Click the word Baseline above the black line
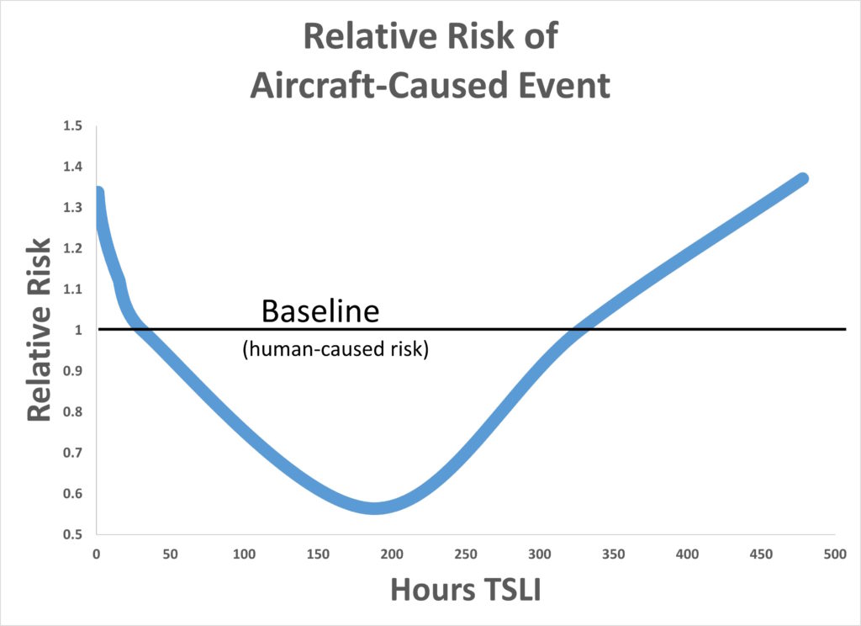coord(320,311)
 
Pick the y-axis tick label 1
coord(79,330)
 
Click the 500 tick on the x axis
coord(834,554)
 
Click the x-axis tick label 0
coord(96,554)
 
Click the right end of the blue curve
coord(803,179)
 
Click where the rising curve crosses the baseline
coord(578,329)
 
